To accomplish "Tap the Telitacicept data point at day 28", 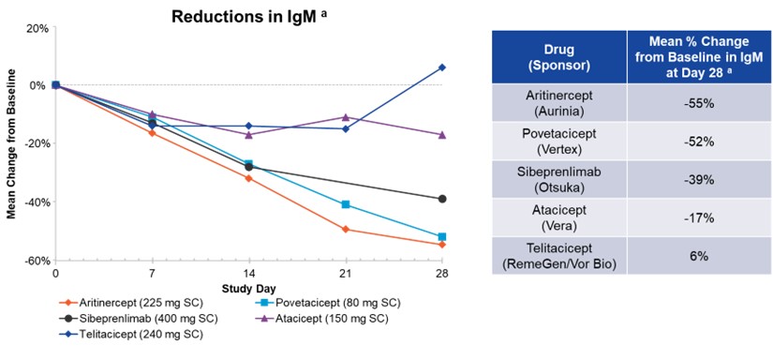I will tap(442, 67).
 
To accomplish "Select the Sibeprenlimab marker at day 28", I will tap(442, 199).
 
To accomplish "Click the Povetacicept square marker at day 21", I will tap(346, 204).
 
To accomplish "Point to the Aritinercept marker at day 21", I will tap(346, 230).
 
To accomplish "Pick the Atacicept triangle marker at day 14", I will tap(248, 134).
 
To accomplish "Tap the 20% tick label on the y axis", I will tap(37, 27).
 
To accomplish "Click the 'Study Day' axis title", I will tap(248, 287).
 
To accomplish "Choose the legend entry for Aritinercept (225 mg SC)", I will tap(124, 303).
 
